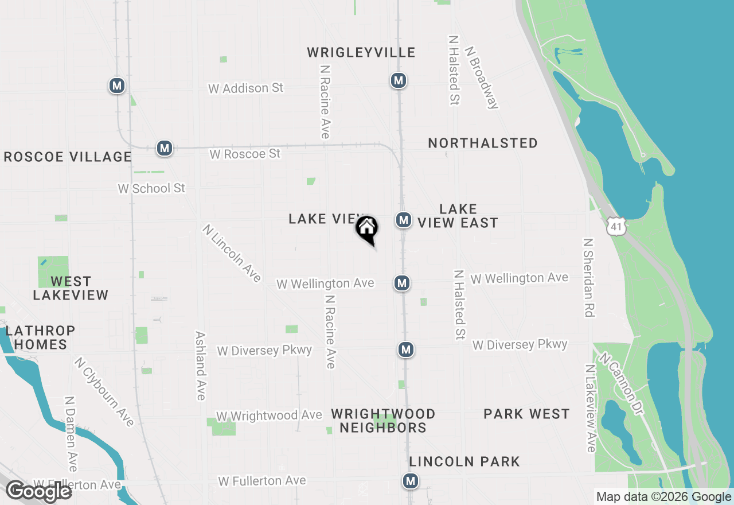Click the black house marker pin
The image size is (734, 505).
(367, 229)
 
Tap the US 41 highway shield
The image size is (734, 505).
(616, 227)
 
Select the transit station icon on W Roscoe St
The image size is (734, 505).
(165, 148)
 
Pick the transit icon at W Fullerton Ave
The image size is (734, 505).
(410, 480)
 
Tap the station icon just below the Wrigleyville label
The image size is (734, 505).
(399, 81)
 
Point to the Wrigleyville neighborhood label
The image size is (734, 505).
(361, 53)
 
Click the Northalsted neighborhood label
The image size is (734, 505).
(483, 143)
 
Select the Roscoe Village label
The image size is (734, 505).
(68, 157)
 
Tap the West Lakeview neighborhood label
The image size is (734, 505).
(71, 288)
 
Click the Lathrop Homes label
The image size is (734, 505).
(40, 337)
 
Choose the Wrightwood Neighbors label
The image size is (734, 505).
(383, 421)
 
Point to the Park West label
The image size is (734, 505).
(526, 414)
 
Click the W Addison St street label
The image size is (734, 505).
(245, 88)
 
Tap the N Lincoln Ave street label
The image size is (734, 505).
(232, 253)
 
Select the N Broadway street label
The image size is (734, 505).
(482, 77)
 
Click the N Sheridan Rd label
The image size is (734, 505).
(588, 278)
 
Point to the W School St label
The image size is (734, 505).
(151, 188)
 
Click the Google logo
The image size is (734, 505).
(38, 492)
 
